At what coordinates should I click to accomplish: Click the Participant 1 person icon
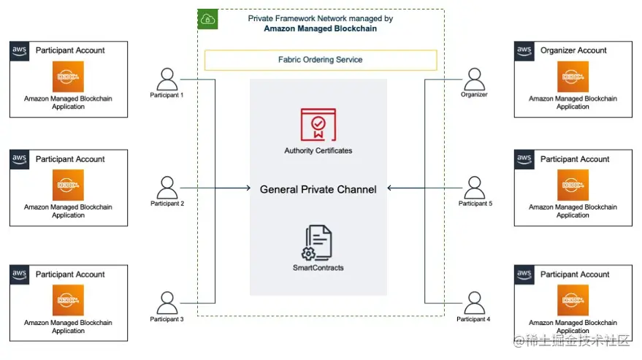click(x=167, y=79)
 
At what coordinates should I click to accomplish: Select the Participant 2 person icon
click(x=167, y=188)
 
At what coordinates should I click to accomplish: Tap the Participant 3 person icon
click(x=167, y=302)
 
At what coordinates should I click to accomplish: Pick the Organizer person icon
click(x=475, y=79)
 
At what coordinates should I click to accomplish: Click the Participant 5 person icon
click(x=475, y=188)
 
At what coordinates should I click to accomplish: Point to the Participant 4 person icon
click(x=475, y=302)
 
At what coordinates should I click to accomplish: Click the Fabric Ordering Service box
click(x=321, y=60)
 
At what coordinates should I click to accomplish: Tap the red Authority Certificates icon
click(x=318, y=124)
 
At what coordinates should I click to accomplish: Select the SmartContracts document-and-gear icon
click(x=318, y=243)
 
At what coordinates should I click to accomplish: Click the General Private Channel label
click(x=318, y=189)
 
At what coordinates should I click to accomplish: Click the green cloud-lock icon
click(x=208, y=19)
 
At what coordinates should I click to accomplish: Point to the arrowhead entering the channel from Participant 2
click(x=247, y=188)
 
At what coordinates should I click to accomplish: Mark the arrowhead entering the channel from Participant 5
click(x=391, y=188)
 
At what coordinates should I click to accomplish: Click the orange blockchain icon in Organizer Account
click(x=573, y=77)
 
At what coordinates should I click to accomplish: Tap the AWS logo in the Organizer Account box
click(x=524, y=50)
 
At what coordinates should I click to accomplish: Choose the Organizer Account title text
click(x=573, y=50)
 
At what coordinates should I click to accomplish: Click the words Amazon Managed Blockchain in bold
click(x=321, y=28)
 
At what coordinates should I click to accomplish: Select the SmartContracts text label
click(x=318, y=268)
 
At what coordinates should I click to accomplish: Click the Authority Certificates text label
click(x=318, y=150)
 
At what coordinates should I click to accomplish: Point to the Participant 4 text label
click(x=474, y=319)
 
